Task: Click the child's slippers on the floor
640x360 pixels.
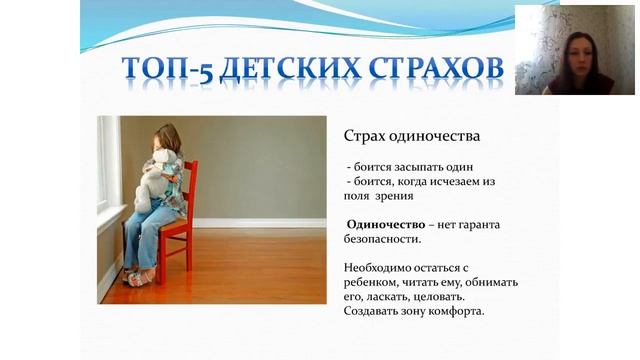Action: coord(139,276)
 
